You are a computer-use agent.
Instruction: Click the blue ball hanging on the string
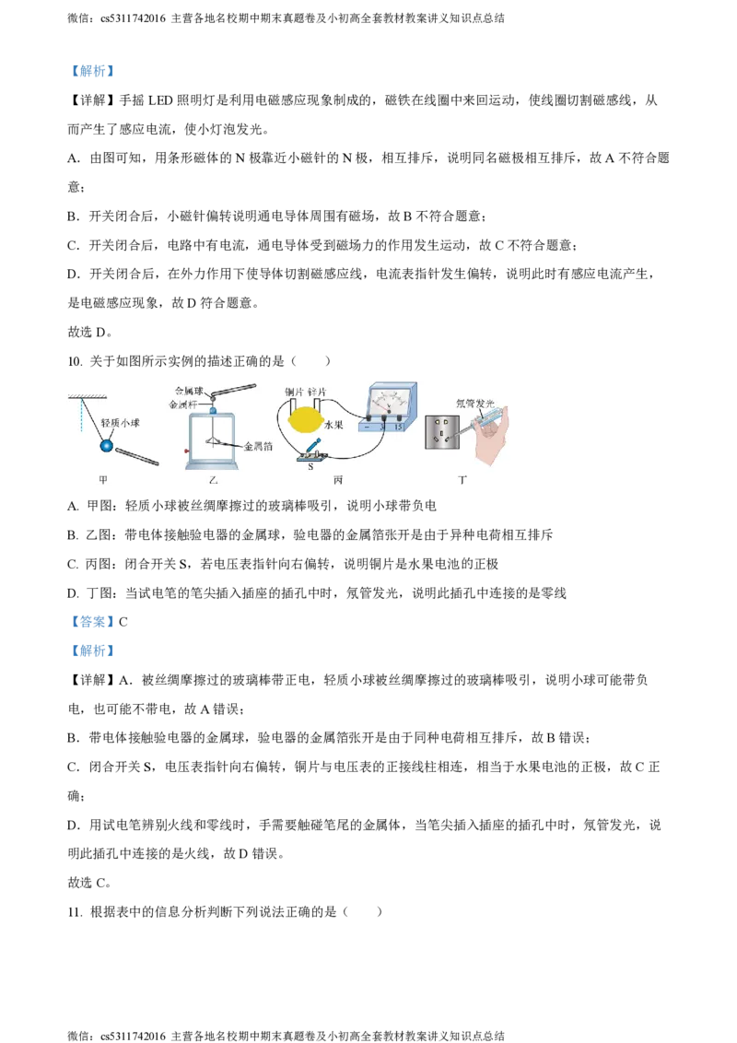point(107,446)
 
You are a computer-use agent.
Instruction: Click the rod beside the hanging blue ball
point(137,456)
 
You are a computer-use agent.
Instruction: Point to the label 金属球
point(190,390)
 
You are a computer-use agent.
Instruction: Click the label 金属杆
point(184,404)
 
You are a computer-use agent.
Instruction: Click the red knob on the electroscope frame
point(185,451)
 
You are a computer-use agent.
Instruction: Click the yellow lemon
point(304,421)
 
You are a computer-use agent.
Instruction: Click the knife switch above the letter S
point(310,451)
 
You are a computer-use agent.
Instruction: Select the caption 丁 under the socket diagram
point(462,480)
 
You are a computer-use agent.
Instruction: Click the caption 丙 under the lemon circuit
point(337,480)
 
